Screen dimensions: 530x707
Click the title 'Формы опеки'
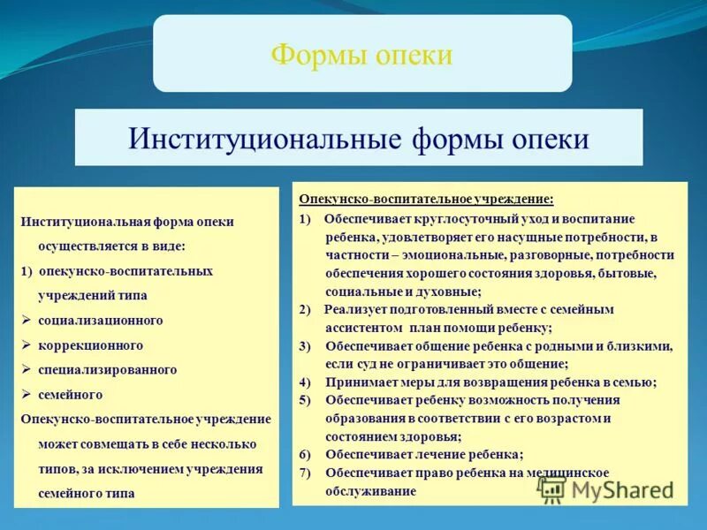pyautogui.click(x=361, y=55)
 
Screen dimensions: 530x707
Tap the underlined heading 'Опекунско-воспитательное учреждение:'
pyautogui.click(x=426, y=200)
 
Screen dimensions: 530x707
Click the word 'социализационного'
pyautogui.click(x=101, y=320)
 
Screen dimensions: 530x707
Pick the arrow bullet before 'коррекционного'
pyautogui.click(x=27, y=344)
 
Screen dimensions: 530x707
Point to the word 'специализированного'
pyautogui.click(x=108, y=369)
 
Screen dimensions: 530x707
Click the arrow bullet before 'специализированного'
pyautogui.click(x=27, y=369)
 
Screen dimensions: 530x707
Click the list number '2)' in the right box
pyautogui.click(x=305, y=309)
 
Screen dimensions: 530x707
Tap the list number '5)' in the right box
pyautogui.click(x=305, y=400)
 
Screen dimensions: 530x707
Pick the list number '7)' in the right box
pyautogui.click(x=305, y=473)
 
